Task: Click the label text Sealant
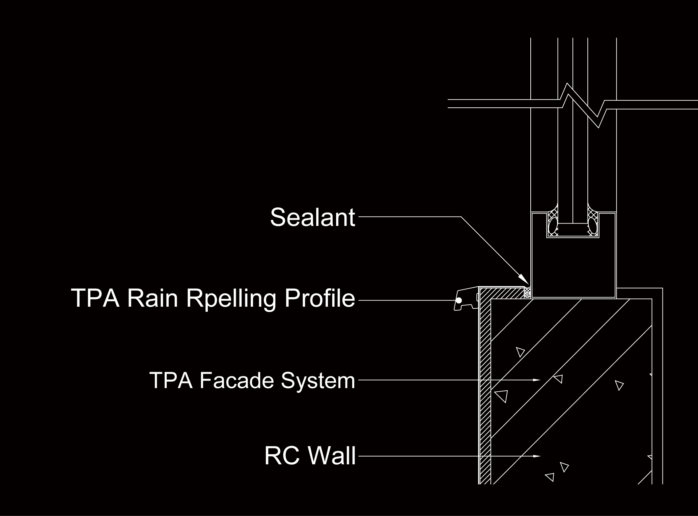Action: pyautogui.click(x=312, y=217)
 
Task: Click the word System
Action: pyautogui.click(x=318, y=381)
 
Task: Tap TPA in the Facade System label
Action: pyautogui.click(x=171, y=380)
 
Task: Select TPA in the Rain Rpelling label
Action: pyautogui.click(x=95, y=298)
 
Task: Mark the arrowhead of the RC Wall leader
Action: pyautogui.click(x=537, y=456)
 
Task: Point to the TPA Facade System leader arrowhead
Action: pyautogui.click(x=537, y=380)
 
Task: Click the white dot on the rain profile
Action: pyautogui.click(x=459, y=300)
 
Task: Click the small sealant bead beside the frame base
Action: pyautogui.click(x=527, y=292)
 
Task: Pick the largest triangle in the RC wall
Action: pyautogui.click(x=501, y=396)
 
